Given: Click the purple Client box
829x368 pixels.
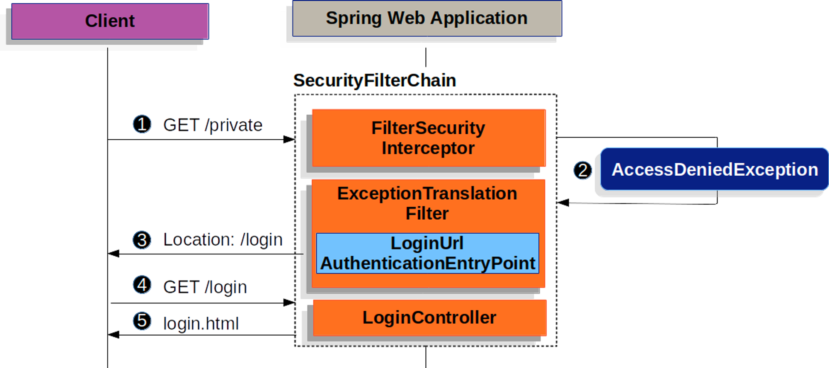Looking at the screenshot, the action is click(110, 21).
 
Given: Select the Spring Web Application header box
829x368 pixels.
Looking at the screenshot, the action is click(427, 18).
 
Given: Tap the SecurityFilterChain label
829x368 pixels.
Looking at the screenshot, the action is click(375, 80).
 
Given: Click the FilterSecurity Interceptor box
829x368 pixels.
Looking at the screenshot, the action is click(429, 138).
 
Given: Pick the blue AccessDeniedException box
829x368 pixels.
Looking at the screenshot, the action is click(715, 169).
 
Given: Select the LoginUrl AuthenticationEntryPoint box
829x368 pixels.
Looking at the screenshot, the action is click(428, 253).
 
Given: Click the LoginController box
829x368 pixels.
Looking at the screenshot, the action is click(429, 317).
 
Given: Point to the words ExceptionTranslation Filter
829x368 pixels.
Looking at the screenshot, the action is click(427, 203).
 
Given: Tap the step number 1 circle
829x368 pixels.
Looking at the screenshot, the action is click(142, 124).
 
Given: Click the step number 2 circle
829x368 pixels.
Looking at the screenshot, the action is click(583, 170).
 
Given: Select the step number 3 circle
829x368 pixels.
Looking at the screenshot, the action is click(142, 240).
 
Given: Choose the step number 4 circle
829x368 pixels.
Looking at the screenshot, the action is click(142, 285).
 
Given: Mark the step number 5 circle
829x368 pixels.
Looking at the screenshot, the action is click(142, 321).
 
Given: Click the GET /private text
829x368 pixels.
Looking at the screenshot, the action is click(213, 125).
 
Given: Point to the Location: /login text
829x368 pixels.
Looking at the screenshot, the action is click(223, 240).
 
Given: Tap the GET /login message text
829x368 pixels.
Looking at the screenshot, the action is click(205, 287).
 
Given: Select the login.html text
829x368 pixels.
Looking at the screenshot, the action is click(201, 324).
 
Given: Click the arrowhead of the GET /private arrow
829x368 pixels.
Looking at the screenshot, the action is click(289, 139).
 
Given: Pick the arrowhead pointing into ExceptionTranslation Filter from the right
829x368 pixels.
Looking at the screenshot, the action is click(563, 203).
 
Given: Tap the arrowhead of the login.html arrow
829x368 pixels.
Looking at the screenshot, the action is click(114, 335).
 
